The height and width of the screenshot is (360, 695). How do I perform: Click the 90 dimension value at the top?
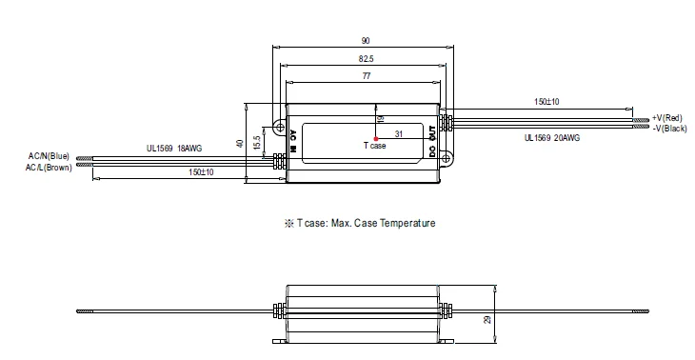coord(366,41)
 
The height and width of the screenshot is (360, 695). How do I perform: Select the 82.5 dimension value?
coord(366,58)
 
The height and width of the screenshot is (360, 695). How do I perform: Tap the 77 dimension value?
coord(367,76)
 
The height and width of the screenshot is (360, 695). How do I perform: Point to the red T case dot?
coord(376,139)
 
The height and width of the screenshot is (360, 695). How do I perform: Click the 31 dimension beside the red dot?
coord(399,134)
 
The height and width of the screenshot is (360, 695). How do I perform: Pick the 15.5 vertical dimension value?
coord(257,143)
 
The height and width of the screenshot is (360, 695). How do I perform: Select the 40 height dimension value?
coord(240,144)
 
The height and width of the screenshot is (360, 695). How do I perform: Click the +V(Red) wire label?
coord(666,118)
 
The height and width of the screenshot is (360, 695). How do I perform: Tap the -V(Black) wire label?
coord(669,129)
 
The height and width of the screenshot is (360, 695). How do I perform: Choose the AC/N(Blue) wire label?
coord(49,156)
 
